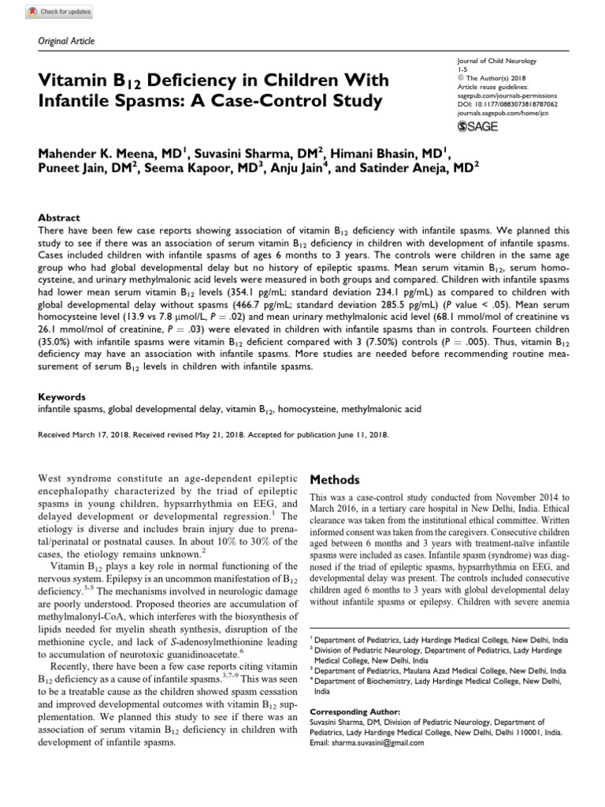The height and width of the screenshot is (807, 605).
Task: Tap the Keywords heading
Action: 61,396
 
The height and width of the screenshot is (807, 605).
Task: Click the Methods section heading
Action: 336,480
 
